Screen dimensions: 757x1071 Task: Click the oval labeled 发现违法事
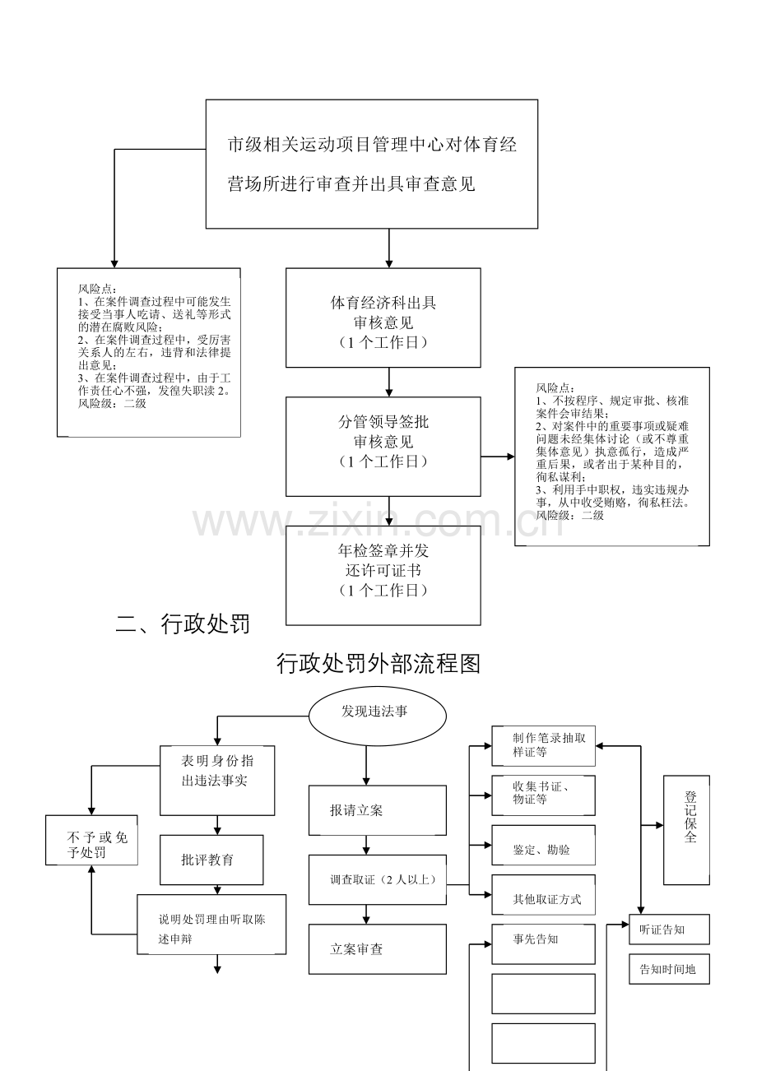378,716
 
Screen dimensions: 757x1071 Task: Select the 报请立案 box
378,810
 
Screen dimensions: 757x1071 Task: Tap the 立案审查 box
378,948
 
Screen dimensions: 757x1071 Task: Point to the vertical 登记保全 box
686,830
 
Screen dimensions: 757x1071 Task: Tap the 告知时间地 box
669,969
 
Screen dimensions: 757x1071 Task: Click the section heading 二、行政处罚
183,624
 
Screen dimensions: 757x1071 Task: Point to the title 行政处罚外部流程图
378,664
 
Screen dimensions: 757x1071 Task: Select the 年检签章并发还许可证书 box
383,575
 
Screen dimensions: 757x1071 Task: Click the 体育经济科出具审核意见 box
383,318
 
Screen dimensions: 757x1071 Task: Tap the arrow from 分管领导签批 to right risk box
498,457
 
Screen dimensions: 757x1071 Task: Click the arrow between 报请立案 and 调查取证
366,845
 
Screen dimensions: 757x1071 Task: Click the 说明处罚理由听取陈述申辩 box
211,925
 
